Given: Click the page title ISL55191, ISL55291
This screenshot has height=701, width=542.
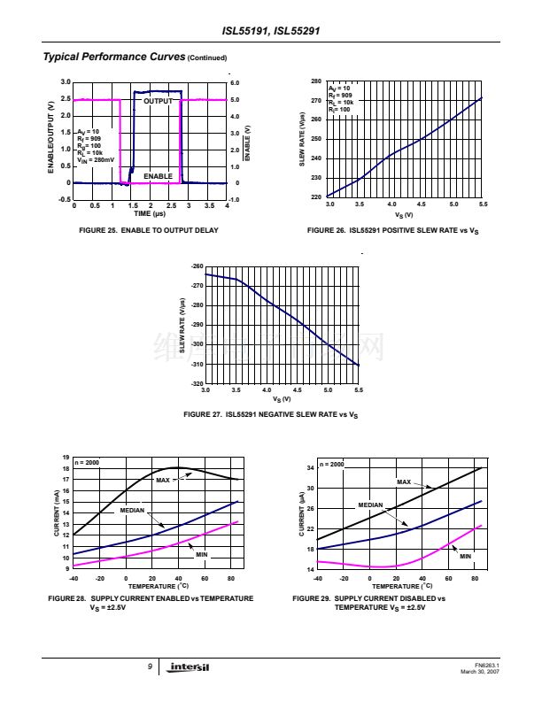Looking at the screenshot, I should pos(270,34).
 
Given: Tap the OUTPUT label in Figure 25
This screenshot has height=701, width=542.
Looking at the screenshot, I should pos(160,101).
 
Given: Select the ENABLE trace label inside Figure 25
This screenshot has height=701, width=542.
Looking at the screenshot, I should pos(158,176).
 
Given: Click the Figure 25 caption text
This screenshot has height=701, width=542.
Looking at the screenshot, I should pos(150,230).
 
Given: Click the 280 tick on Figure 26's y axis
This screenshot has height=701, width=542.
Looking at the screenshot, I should pos(316,81).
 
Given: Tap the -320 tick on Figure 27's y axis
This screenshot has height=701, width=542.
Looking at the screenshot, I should pos(197,384).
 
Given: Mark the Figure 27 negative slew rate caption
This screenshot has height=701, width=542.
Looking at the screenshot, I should pos(270,414).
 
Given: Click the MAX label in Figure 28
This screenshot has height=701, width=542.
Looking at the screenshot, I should pos(162,480).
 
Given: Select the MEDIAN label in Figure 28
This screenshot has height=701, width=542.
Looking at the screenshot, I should pos(132,510).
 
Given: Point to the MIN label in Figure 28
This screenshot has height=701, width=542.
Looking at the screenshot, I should pos(202,553).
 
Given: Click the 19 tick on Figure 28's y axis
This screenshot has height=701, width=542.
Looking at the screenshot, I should pos(66,457).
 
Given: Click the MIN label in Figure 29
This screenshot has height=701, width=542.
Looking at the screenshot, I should pos(466,556).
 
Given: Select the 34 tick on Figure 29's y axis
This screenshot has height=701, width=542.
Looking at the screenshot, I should pos(310,467).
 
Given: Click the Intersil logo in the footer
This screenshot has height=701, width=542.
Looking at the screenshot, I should pos(188,668).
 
